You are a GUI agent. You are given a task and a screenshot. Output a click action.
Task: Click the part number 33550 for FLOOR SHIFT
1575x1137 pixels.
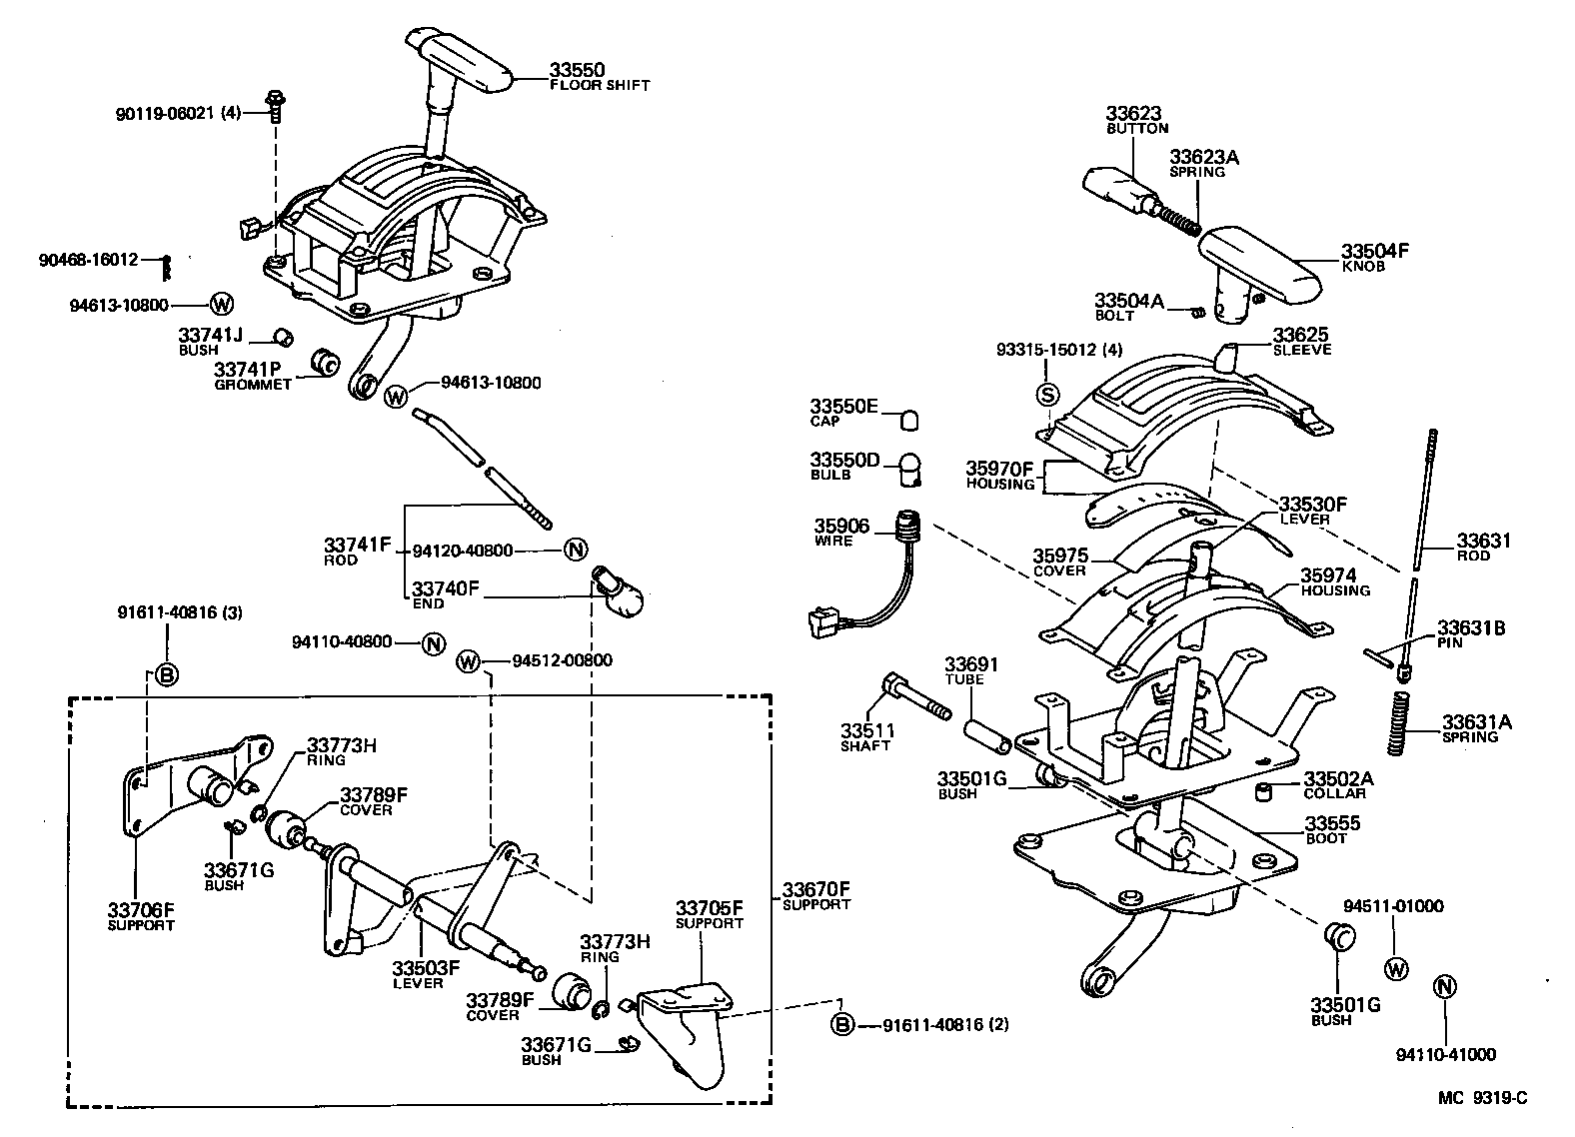click(577, 70)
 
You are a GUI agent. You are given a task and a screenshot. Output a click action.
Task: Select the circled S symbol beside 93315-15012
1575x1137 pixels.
click(1047, 394)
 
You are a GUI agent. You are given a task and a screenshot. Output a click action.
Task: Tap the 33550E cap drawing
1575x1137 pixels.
click(909, 419)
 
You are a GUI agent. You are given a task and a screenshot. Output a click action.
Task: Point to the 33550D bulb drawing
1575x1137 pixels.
click(910, 469)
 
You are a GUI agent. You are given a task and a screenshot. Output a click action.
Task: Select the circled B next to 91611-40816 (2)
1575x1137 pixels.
click(843, 1024)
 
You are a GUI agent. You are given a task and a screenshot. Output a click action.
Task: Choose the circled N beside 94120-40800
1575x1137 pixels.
click(576, 550)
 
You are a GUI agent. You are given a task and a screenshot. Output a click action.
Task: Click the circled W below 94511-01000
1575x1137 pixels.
click(1395, 968)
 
